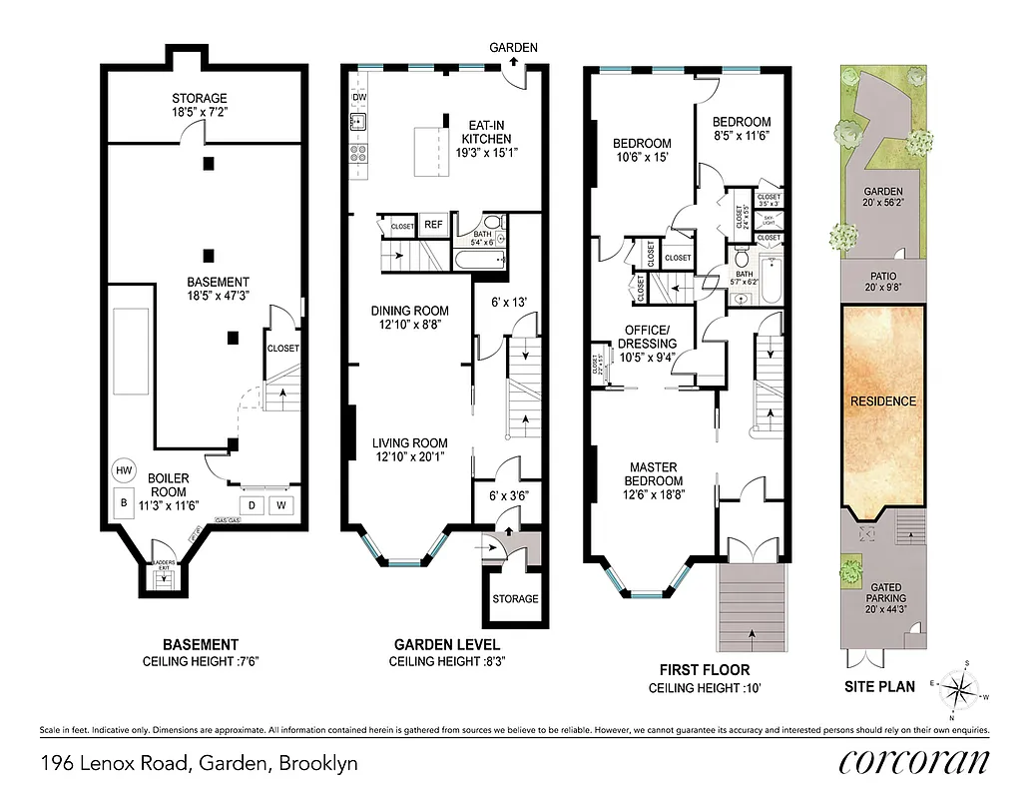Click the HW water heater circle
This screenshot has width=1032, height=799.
124,469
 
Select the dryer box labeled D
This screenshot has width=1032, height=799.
252,504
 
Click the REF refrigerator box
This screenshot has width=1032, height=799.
433,225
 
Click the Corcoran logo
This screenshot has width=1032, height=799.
914,762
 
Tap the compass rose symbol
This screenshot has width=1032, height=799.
962,688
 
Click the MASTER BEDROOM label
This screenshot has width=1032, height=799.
653,474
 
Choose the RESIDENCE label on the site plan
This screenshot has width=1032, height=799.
882,400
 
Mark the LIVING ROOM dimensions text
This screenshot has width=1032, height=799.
409,457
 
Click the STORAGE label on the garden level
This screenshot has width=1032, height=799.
515,599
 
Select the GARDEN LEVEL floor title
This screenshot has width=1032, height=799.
446,644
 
